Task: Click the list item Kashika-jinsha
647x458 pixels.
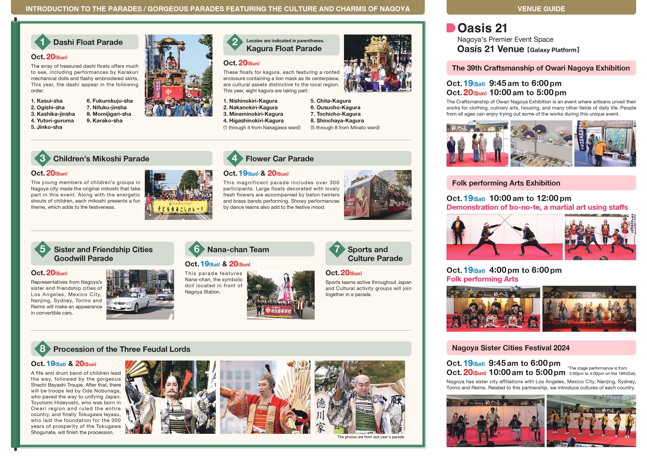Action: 53,114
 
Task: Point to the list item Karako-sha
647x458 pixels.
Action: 104,120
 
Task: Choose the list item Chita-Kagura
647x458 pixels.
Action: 331,101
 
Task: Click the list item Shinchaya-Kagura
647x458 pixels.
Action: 337,120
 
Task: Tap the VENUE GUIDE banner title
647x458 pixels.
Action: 541,9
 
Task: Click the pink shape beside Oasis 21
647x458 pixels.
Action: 451,28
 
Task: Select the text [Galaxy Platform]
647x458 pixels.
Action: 553,50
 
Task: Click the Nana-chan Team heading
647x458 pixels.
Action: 238,250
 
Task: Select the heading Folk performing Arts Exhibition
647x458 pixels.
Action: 506,183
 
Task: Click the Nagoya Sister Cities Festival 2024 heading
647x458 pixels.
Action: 511,348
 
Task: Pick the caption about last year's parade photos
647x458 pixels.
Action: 371,437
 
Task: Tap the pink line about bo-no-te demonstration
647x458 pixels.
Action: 537,207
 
